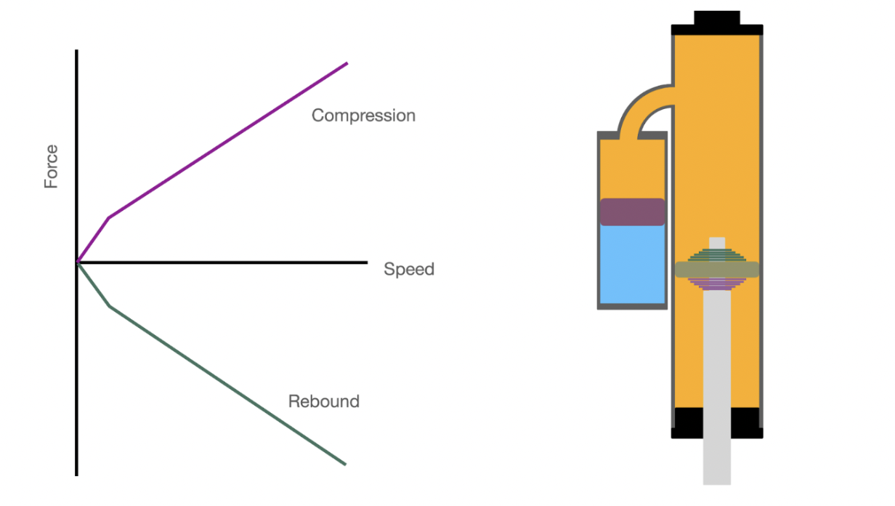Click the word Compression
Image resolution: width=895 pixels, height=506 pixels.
[363, 116]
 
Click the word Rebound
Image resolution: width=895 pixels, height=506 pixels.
[323, 401]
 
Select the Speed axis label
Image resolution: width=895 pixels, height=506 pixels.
[408, 269]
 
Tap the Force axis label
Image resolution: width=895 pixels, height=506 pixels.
[51, 167]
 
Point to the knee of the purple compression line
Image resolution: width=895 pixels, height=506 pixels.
[109, 217]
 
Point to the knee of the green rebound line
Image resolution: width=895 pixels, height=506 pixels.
[110, 306]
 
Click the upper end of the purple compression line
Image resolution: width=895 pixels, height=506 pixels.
[347, 64]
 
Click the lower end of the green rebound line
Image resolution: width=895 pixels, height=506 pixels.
[344, 463]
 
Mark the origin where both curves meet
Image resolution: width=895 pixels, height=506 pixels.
[77, 262]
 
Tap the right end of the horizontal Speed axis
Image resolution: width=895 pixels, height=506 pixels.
[366, 262]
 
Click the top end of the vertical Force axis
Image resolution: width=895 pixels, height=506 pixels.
[76, 52]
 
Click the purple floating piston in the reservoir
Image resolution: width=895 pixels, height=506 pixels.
[632, 212]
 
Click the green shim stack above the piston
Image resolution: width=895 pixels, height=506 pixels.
[717, 255]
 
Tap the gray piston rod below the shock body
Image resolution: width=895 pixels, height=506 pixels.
[717, 458]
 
